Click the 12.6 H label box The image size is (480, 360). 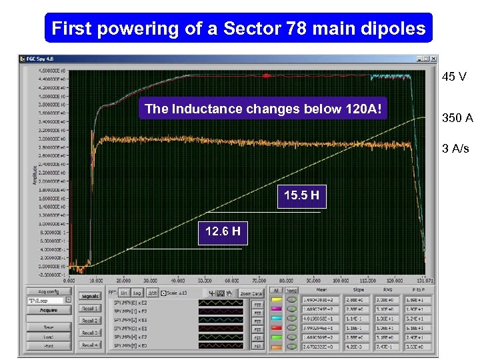click(223, 233)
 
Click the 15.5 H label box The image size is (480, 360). click(301, 196)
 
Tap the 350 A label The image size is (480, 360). click(457, 118)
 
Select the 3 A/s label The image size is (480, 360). click(455, 149)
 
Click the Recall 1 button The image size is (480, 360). click(90, 309)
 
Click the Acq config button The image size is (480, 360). click(47, 291)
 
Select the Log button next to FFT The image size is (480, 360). click(137, 293)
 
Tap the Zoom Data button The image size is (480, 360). click(251, 293)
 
